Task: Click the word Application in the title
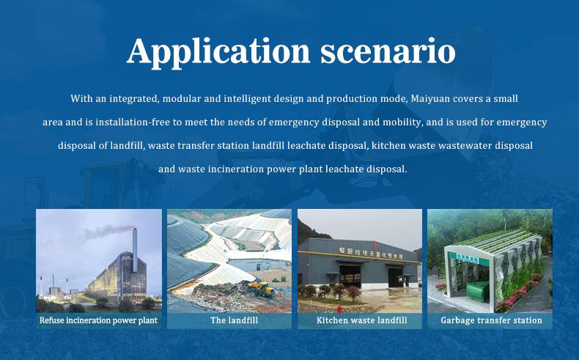[x=218, y=52]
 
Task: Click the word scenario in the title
[x=388, y=52]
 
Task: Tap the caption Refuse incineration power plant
[x=98, y=320]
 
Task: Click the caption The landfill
[x=234, y=320]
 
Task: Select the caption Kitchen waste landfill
[x=361, y=320]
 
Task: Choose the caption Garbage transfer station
[x=491, y=320]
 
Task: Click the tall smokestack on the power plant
[x=135, y=250]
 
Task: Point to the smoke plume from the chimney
[x=106, y=231]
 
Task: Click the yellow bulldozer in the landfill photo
[x=262, y=289]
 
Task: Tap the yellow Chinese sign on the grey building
[x=371, y=252]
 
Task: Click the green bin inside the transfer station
[x=477, y=291]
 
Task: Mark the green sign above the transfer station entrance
[x=467, y=258]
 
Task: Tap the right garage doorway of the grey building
[x=396, y=278]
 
